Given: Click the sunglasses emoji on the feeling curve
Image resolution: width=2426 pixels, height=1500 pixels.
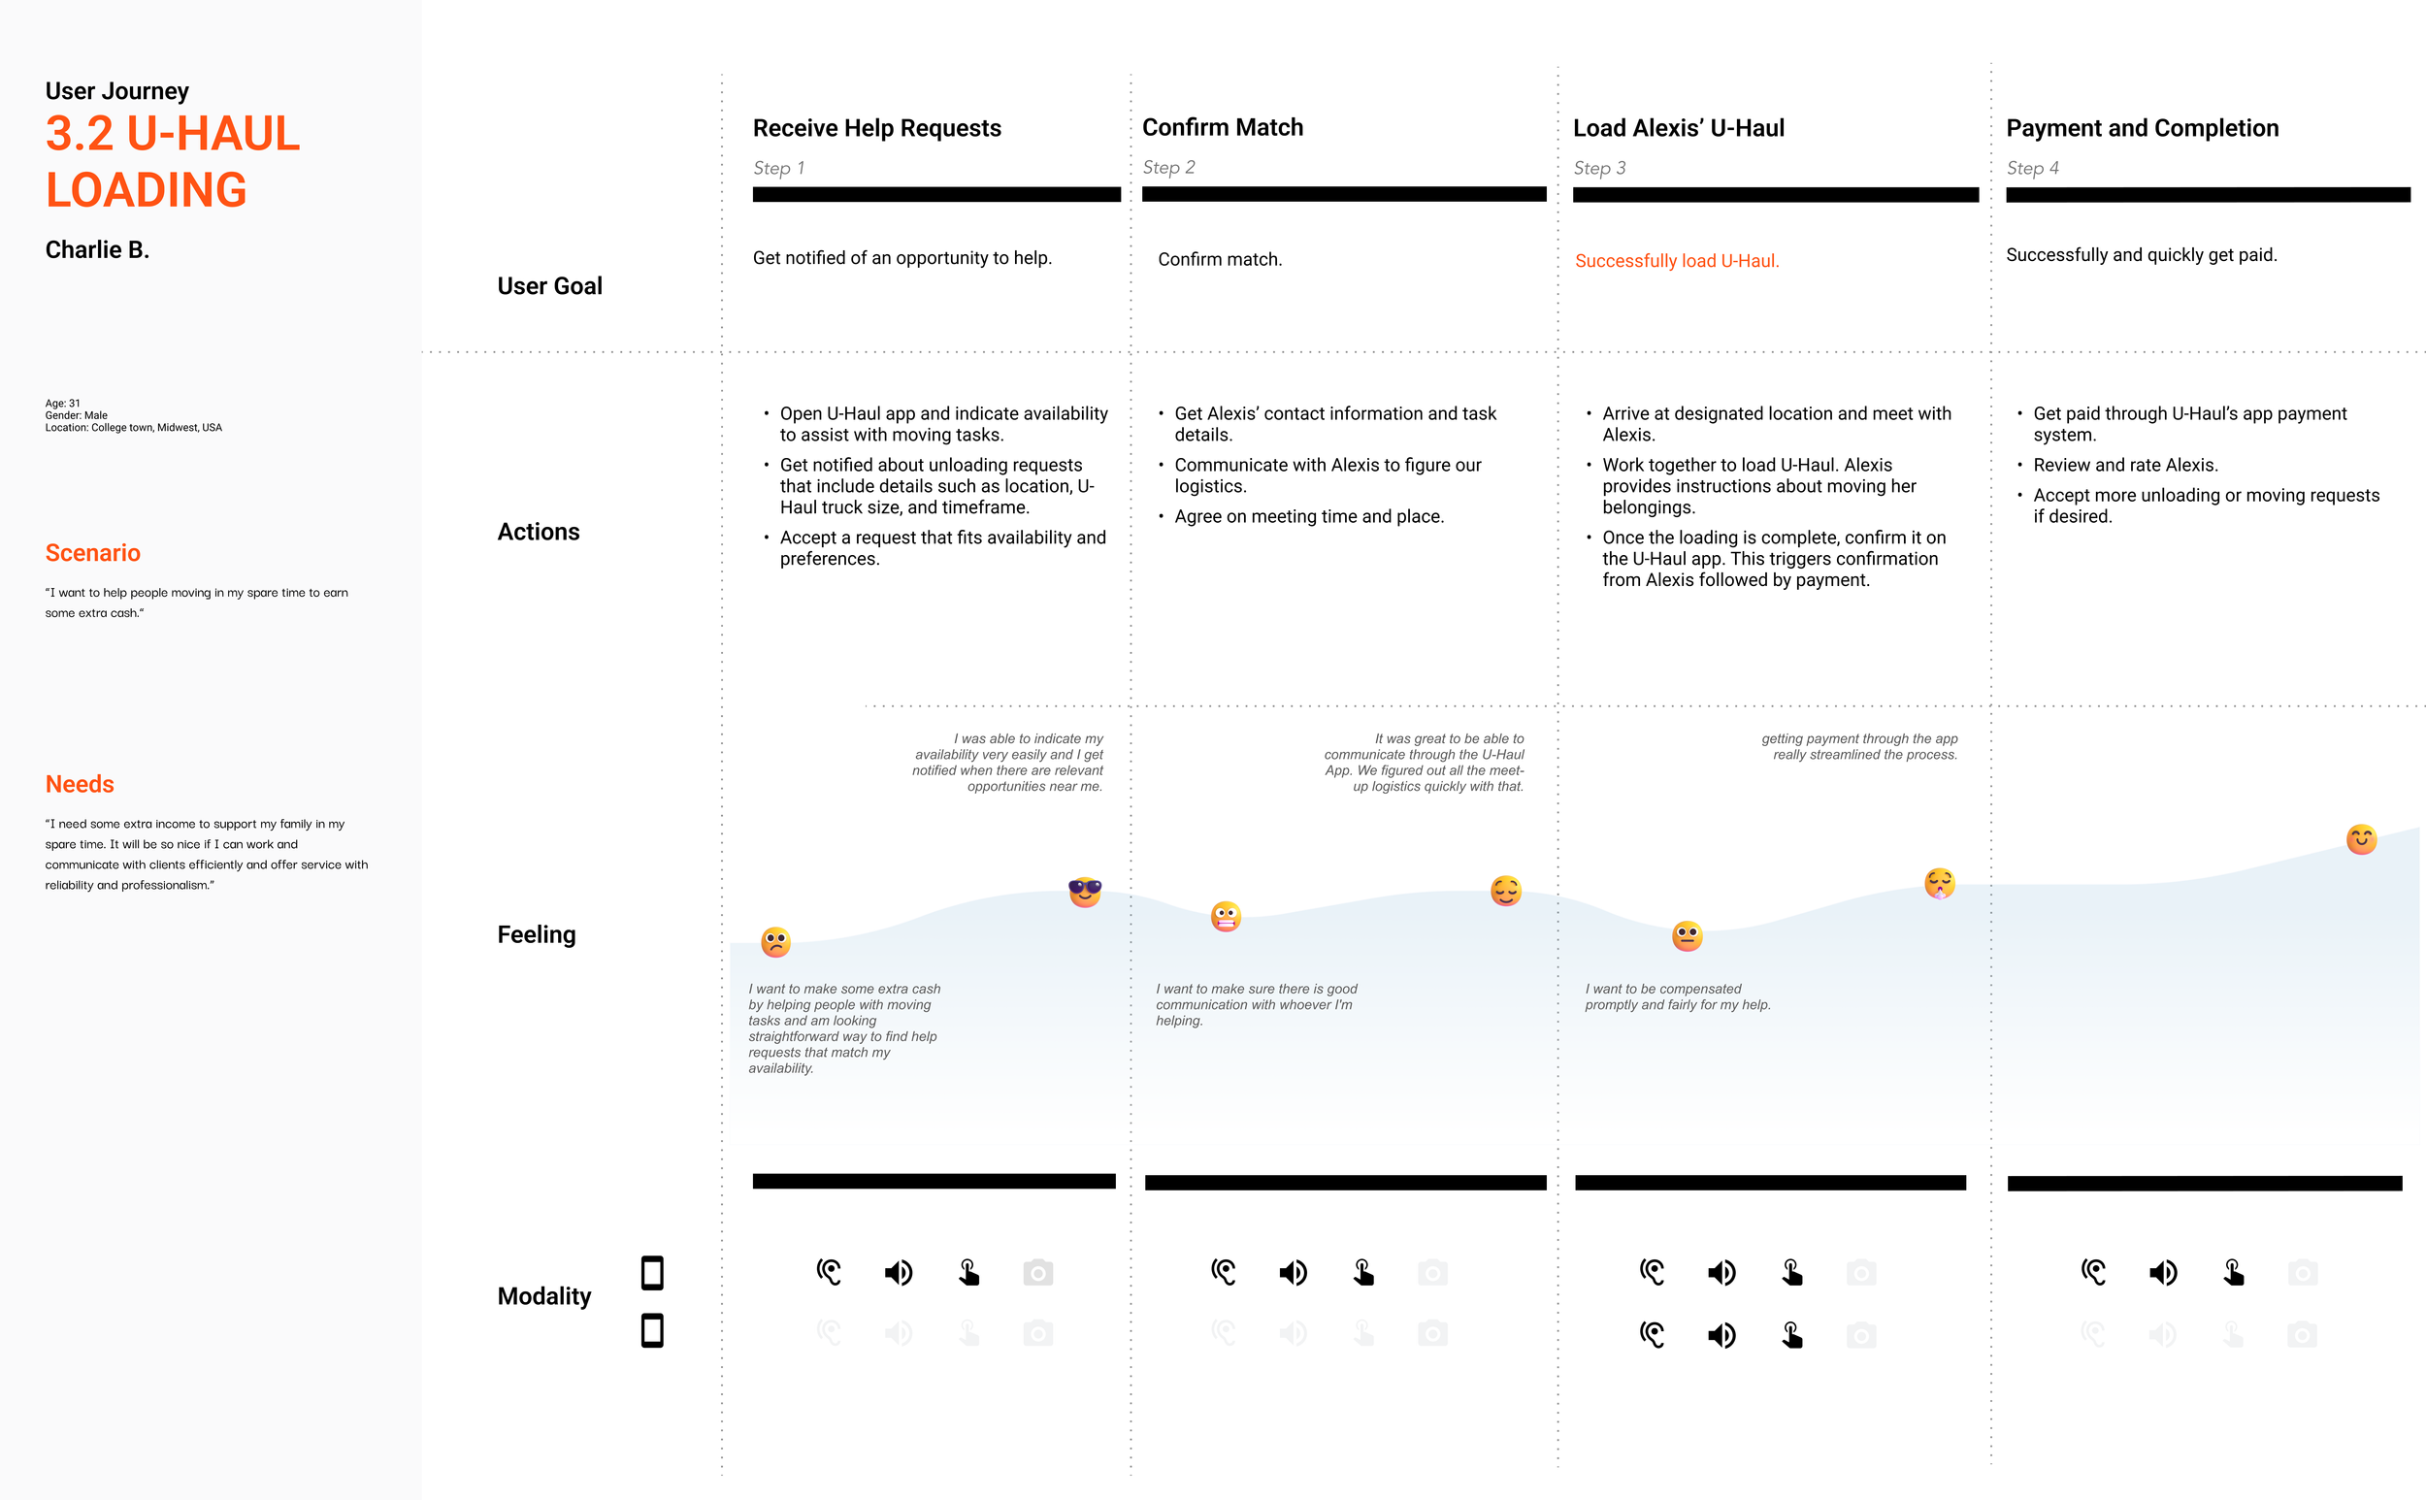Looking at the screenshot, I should point(1085,892).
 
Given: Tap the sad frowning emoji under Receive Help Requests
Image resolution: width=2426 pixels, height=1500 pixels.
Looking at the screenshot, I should point(776,941).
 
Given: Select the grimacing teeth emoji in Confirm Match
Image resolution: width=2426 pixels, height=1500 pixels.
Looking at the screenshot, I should point(1226,916).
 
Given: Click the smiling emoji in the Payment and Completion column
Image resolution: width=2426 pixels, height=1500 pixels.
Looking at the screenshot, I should point(2361,839).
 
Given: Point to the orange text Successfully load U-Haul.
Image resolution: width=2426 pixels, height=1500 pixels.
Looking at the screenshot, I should point(1676,261).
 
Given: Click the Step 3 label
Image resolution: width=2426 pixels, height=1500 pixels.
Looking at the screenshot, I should point(1598,169).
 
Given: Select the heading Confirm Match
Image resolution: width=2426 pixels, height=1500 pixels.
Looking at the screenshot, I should point(1223,128).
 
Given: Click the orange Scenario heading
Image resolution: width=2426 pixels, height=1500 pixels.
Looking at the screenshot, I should point(92,553).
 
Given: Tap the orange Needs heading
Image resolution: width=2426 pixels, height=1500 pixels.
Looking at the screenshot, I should point(80,784).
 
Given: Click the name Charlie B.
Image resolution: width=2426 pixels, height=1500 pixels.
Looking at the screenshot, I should point(97,250).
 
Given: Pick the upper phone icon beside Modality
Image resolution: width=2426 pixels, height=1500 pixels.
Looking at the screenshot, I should point(652,1273).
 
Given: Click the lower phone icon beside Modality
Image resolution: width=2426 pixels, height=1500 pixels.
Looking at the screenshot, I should point(652,1330).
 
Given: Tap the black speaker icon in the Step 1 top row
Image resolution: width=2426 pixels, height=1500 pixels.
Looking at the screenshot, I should point(898,1273).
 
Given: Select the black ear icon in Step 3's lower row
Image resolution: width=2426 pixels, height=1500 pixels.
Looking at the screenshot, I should point(1652,1335).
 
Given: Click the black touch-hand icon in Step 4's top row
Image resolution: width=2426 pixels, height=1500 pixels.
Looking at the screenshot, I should point(2233,1273).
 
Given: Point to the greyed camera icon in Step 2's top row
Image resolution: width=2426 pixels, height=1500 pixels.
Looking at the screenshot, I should point(1431,1273).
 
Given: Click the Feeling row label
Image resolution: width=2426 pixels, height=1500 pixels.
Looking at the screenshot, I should point(536,934).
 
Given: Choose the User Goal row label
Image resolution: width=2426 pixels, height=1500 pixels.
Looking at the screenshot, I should point(548,286).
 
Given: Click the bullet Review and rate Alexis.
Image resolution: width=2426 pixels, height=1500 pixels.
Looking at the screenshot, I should point(2124,466).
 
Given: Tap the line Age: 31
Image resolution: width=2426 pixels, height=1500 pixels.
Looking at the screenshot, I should point(62,404).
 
